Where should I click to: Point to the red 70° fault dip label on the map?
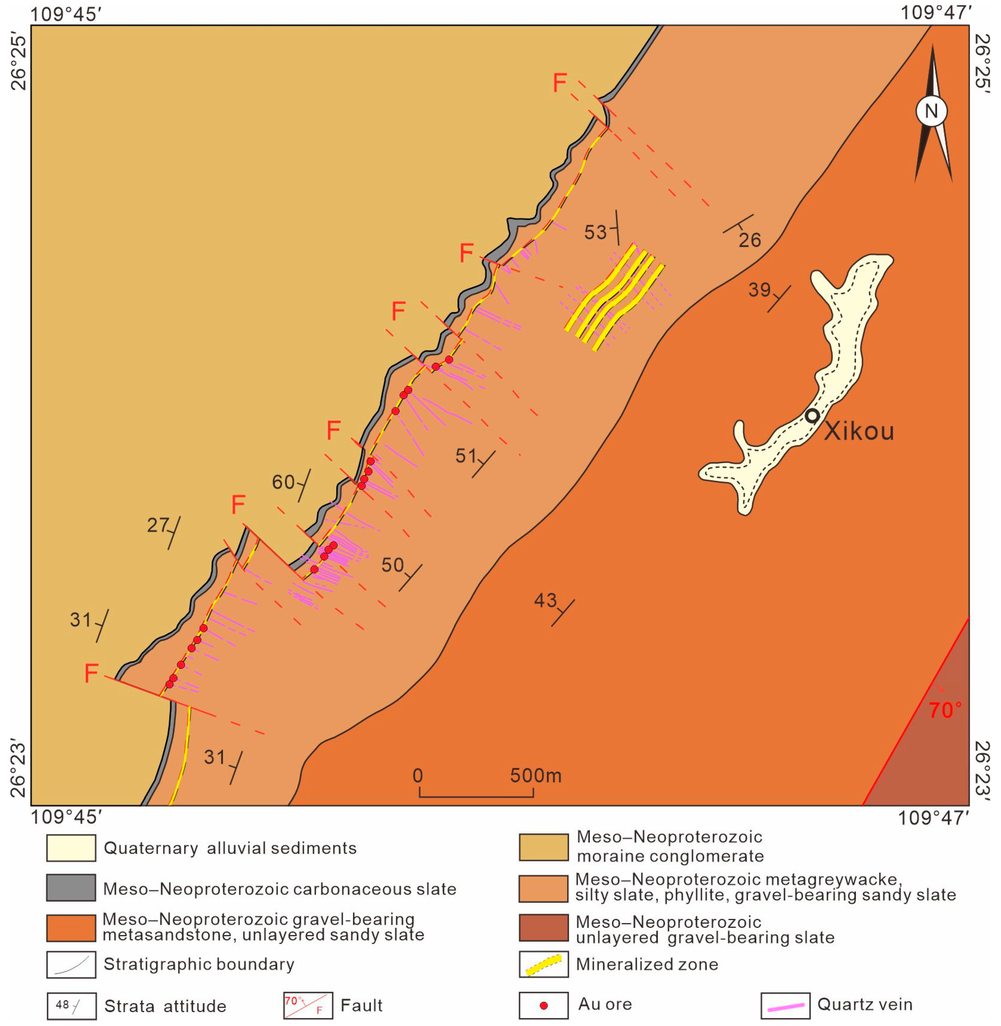(x=945, y=711)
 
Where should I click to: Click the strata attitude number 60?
(x=283, y=482)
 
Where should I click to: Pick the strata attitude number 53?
(x=596, y=232)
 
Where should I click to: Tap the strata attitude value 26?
(x=749, y=240)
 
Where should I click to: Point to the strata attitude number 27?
(x=158, y=525)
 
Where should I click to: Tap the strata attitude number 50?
(x=392, y=565)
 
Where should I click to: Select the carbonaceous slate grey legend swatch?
(x=71, y=888)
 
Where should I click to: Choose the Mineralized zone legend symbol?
(x=544, y=964)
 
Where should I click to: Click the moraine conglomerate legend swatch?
(x=544, y=847)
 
